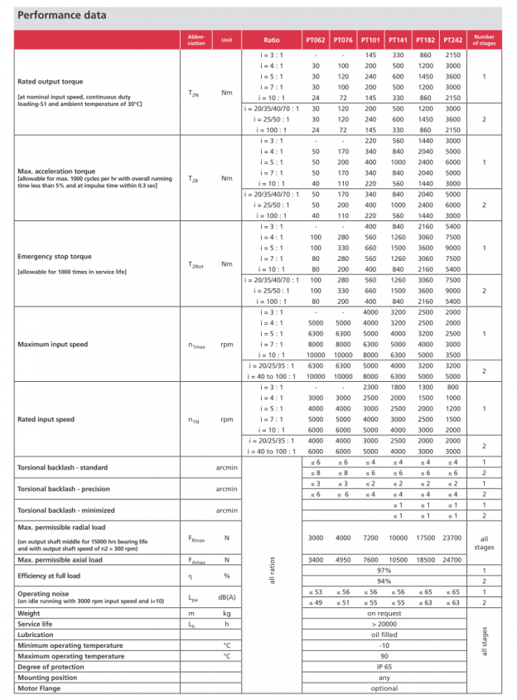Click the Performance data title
[62, 16]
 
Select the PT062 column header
[316, 40]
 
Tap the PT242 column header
[452, 40]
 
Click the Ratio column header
[271, 40]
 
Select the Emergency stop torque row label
[55, 257]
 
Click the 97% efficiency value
[384, 571]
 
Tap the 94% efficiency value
[384, 582]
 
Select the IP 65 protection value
[384, 666]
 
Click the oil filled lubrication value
[384, 634]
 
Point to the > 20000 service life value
[384, 623]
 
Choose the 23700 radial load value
[452, 538]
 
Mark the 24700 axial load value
[452, 560]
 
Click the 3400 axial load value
[316, 560]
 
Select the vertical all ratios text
[271, 570]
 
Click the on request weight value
[384, 613]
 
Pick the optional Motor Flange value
[384, 688]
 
